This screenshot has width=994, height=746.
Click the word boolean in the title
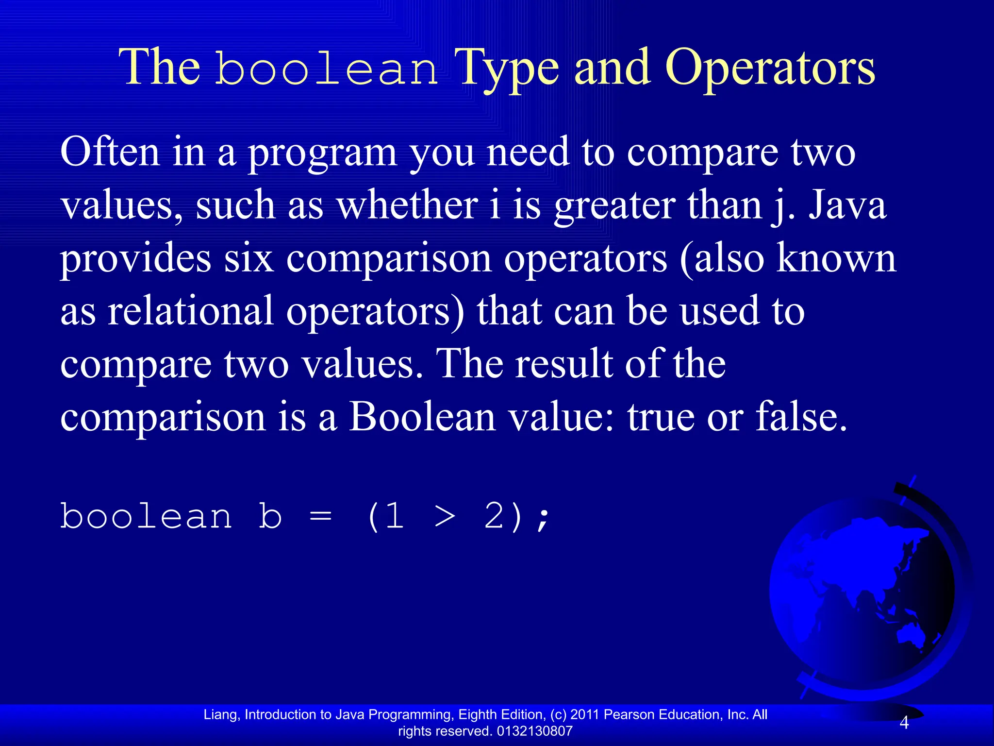point(327,69)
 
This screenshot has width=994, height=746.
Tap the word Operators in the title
point(770,69)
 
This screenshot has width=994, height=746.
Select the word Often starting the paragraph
point(110,152)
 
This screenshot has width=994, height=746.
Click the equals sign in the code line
point(320,516)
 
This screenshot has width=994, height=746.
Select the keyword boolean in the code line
point(146,516)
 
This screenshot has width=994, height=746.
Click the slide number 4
point(904,723)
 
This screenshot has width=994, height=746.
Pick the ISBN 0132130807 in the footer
point(535,731)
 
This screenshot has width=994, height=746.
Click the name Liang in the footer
point(220,714)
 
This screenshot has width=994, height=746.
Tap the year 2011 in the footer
point(585,714)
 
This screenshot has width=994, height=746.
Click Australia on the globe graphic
point(912,634)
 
